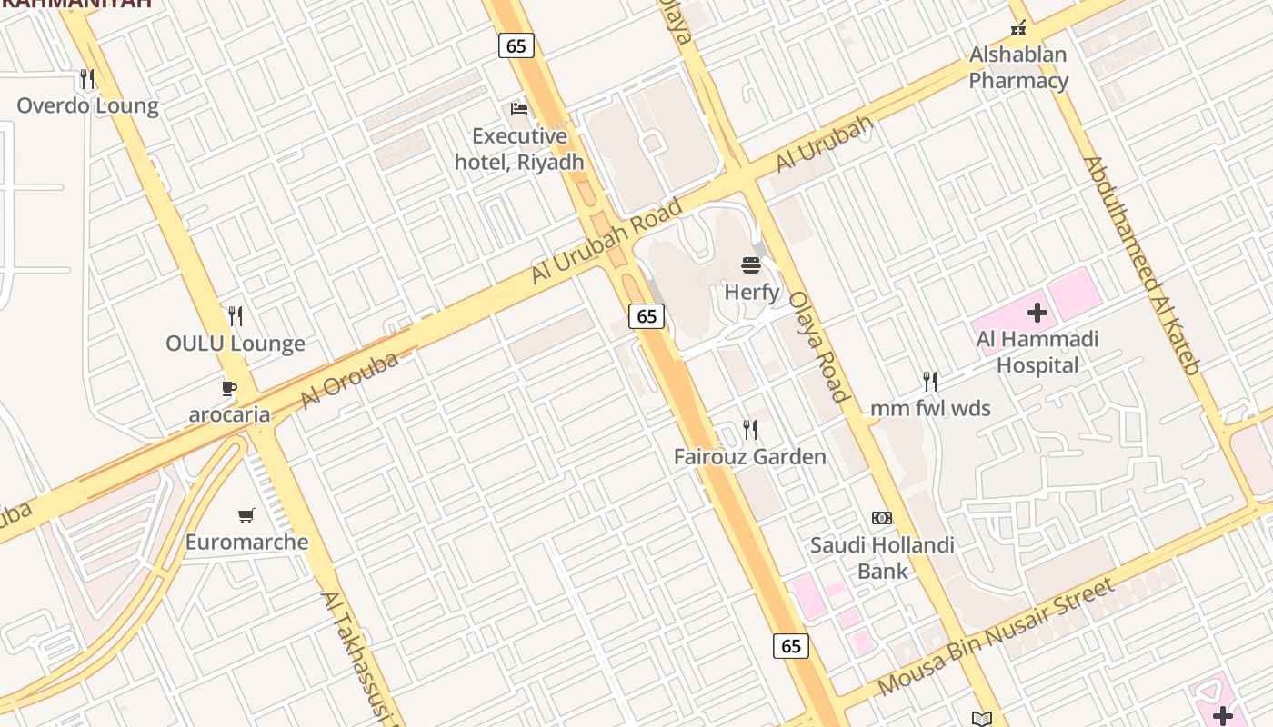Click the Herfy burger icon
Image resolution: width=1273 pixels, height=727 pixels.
point(751,265)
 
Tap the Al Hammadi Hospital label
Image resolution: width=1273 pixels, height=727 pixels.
point(1037,353)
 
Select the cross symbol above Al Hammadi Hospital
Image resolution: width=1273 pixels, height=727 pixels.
point(1037,314)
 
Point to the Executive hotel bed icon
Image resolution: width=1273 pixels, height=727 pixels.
point(519,109)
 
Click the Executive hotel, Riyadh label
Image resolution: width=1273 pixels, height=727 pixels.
point(519,149)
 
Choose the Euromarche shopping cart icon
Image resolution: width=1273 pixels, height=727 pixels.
point(246,516)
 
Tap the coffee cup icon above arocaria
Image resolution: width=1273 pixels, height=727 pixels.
point(229,389)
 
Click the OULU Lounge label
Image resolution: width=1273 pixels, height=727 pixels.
point(236,344)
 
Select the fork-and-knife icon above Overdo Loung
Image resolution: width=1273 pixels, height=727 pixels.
point(87,79)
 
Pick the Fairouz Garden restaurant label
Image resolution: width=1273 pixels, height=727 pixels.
point(750,456)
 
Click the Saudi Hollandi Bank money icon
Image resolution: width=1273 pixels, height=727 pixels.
point(882,518)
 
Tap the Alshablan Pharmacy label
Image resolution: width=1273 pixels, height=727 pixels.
point(1018,67)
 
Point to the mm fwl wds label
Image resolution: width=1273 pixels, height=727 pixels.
point(930,408)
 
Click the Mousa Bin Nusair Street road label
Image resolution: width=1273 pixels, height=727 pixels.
point(997,636)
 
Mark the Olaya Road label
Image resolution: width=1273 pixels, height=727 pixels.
point(818,346)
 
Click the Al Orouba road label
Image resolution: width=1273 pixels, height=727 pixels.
point(349,381)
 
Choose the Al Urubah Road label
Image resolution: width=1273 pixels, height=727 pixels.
point(606,241)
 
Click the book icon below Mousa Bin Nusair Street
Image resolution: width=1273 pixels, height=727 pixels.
point(982,719)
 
